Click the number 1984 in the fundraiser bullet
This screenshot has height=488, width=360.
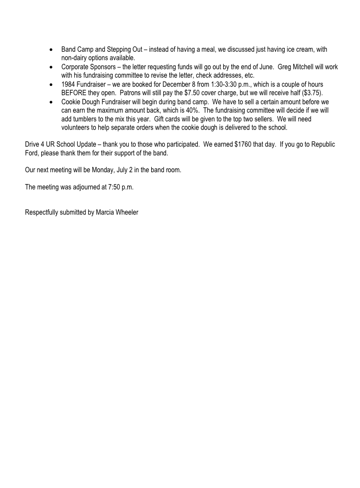coord(69,84)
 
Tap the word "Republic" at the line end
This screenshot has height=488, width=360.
coord(322,144)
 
